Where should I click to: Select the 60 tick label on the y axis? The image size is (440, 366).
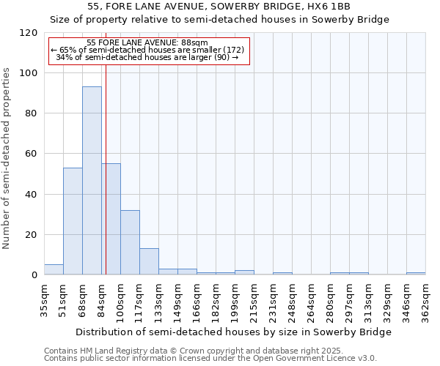pos(31,154)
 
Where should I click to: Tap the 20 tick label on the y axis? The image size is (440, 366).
pos(31,235)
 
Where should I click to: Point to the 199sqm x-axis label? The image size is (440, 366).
pos(235,299)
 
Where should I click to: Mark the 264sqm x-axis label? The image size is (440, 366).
pos(311,299)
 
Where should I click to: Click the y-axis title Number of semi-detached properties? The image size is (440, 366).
pos(7,154)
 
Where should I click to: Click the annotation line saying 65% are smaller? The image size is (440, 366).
pos(148,50)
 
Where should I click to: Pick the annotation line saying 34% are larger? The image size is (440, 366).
pos(148,57)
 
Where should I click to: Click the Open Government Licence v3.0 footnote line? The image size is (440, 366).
pos(210,358)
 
